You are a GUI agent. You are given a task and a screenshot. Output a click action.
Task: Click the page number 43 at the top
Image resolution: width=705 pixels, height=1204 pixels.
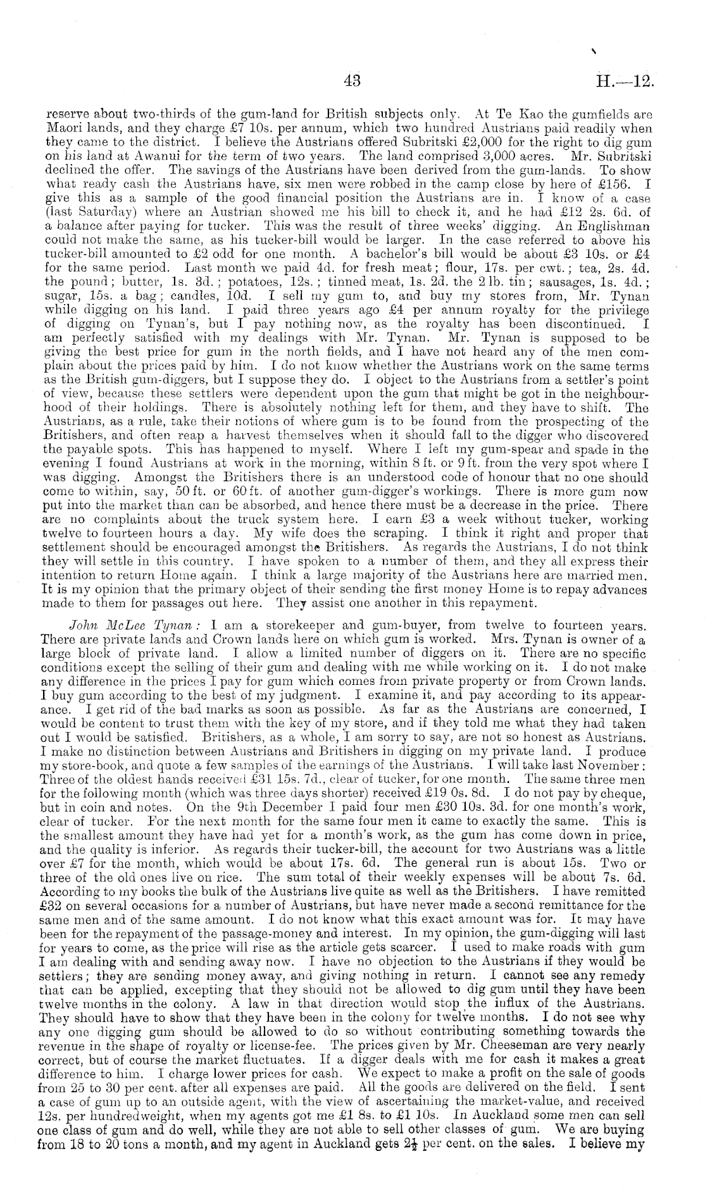[x=352, y=82]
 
